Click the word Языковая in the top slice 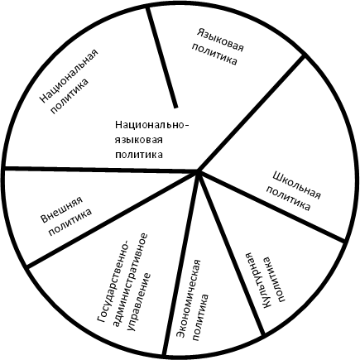220,40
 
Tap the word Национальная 70,76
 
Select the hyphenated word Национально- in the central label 152,125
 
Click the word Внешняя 62,210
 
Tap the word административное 130,279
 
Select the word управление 139,301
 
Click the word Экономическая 190,299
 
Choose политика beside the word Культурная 275,279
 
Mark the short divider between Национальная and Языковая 162,57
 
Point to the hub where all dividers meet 198,171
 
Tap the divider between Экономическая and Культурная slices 231,253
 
